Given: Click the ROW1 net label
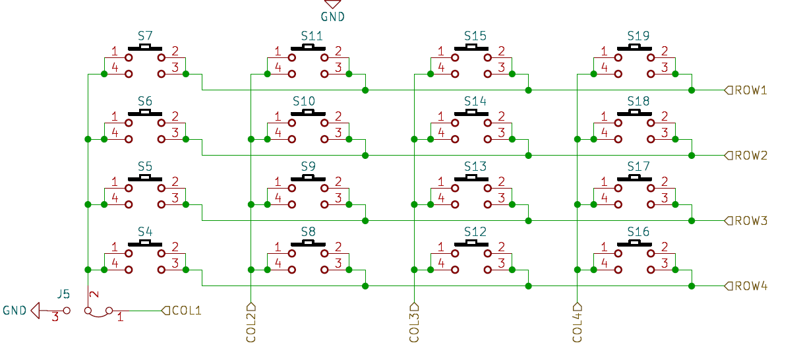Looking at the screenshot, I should coord(751,90).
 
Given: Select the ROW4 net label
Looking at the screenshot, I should coord(751,286).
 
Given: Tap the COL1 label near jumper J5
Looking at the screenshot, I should coord(186,310).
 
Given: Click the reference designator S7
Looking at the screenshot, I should coord(145,36).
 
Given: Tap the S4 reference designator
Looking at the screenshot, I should coord(145,231).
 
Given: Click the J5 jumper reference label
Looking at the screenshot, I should coord(63,295).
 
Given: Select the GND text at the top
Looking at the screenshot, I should coord(332,16).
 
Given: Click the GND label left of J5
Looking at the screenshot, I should coord(15,310).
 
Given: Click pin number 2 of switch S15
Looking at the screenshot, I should coord(502,51).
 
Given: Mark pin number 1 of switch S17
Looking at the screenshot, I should coord(605,181).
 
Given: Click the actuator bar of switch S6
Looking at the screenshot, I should coord(145,113).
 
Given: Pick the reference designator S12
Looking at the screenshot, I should coord(475,231).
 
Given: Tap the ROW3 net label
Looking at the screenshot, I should coord(751,221).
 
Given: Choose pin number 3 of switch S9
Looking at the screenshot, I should coord(338,198).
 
